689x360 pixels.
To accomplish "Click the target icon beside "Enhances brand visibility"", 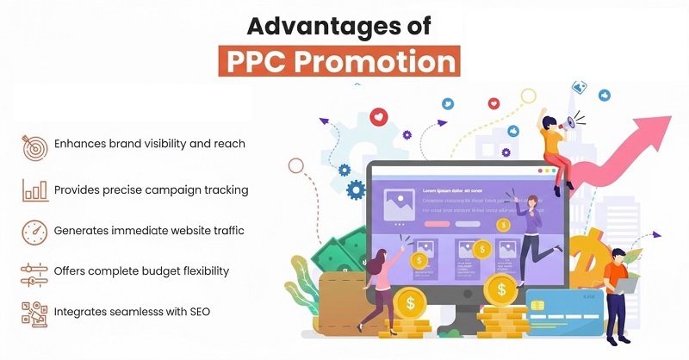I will pos(34,145).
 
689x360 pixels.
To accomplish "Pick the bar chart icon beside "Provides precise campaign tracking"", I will pos(34,189).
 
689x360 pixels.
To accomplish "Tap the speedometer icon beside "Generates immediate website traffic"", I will pos(34,231).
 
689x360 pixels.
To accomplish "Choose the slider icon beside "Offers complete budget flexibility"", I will pos(34,272).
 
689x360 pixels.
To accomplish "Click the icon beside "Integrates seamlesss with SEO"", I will pos(34,313).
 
